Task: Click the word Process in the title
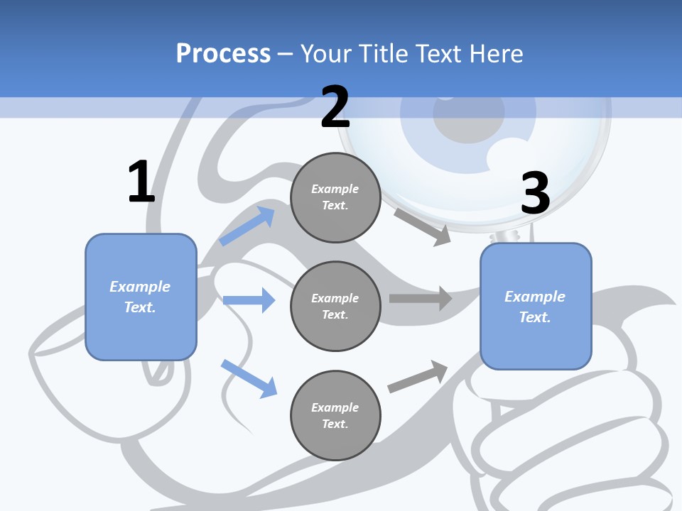point(223,54)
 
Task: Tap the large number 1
point(141,182)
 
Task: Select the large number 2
point(335,107)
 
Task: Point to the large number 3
point(535,193)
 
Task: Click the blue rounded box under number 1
point(141,297)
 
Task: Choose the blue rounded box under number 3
point(536,307)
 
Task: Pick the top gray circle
point(335,197)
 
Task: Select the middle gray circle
point(335,306)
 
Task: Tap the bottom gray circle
point(335,415)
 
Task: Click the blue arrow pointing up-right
point(247,226)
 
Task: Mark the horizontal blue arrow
point(249,300)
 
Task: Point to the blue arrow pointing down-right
point(249,378)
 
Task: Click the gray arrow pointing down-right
point(423,226)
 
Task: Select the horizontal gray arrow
point(421,298)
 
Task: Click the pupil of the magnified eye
point(459,123)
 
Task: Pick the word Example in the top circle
point(335,189)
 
